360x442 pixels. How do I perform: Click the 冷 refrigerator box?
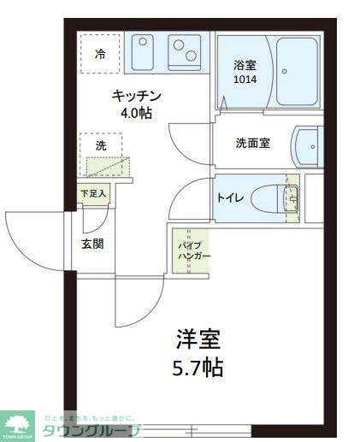tap(100, 55)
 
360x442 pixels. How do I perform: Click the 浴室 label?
tap(245, 65)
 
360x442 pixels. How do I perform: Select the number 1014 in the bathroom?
tap(245, 80)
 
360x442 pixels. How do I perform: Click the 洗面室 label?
tap(252, 143)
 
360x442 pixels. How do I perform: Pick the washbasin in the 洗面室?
tap(307, 147)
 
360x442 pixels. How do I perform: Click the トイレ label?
tap(230, 197)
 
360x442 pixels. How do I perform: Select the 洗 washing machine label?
tap(101, 145)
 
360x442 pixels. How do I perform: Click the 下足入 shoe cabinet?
tap(93, 194)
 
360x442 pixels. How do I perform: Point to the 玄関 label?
tap(92, 244)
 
